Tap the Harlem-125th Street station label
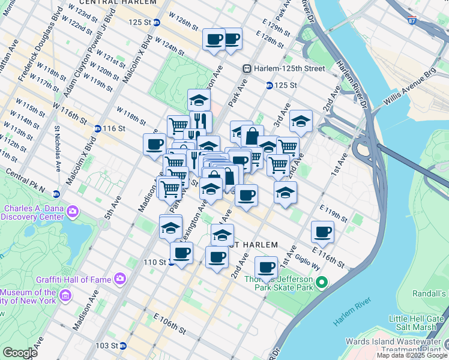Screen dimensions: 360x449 click(x=289, y=68)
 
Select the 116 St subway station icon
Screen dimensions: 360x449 click(x=98, y=128)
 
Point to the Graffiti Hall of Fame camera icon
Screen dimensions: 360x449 click(x=120, y=278)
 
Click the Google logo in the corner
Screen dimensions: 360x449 click(x=20, y=353)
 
